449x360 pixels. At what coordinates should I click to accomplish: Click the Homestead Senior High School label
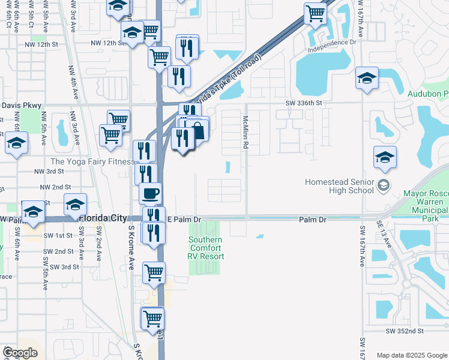340,185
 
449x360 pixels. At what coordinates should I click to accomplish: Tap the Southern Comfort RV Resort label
206,248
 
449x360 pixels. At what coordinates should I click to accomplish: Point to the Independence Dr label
332,43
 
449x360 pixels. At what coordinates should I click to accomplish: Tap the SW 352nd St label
405,331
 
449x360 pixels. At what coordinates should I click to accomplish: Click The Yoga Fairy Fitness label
92,161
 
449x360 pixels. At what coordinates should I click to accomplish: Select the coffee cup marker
150,194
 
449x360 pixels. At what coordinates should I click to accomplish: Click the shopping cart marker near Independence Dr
315,13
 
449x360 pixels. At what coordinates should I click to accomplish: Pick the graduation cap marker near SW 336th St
366,78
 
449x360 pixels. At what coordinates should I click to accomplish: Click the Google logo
20,353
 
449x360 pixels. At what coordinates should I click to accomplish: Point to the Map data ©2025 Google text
411,355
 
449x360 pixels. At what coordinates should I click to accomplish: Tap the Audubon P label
427,94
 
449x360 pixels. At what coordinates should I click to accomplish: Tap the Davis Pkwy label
21,105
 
